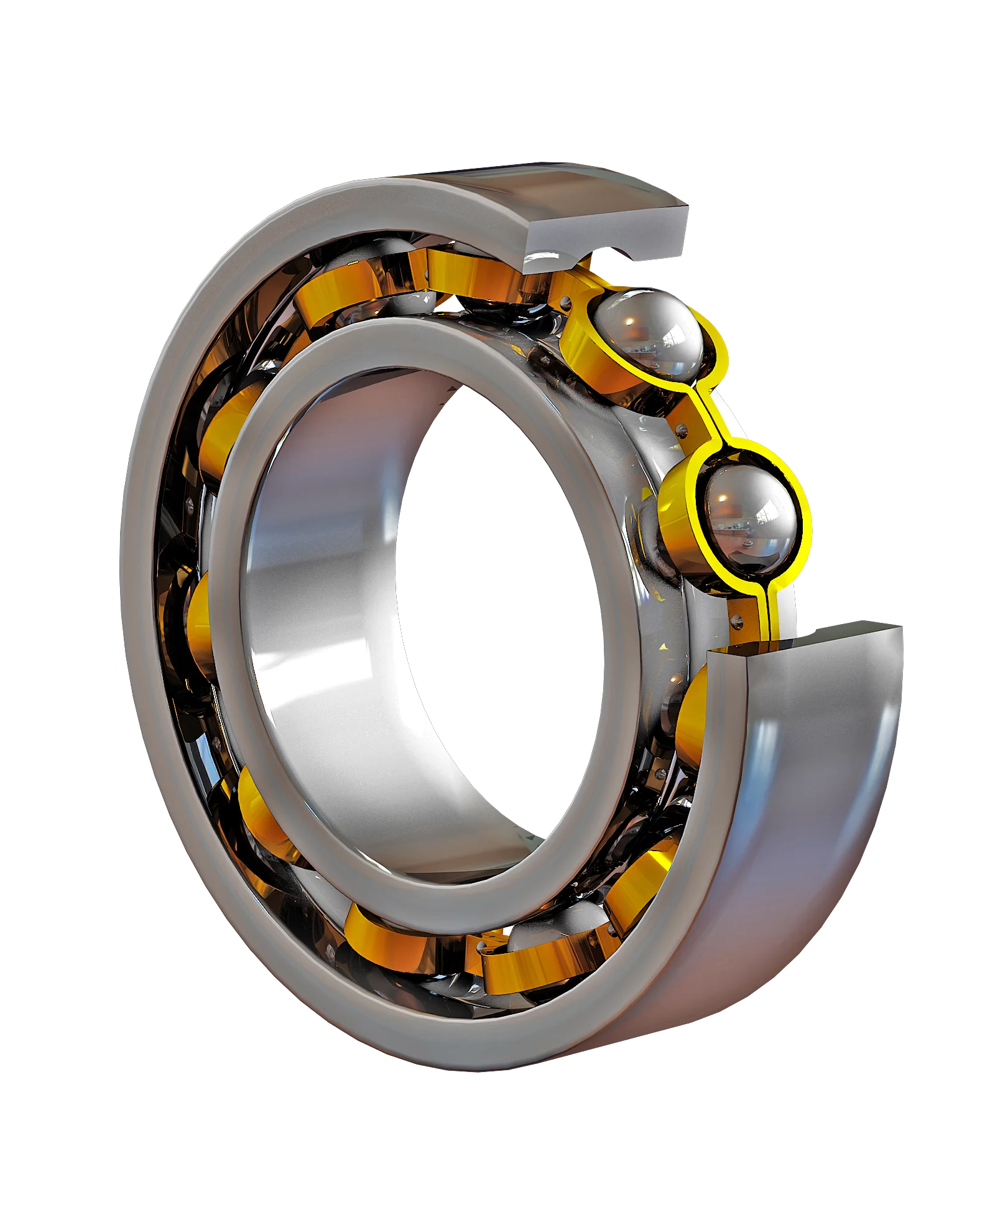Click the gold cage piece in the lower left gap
(x=261, y=809)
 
